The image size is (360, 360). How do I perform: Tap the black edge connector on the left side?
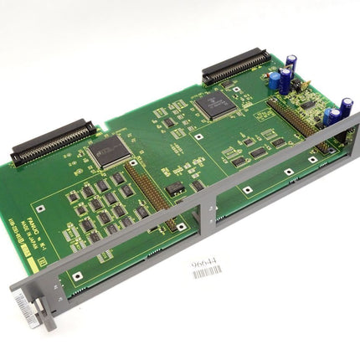pos(52,141)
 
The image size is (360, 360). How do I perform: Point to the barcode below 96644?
pos(207,272)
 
